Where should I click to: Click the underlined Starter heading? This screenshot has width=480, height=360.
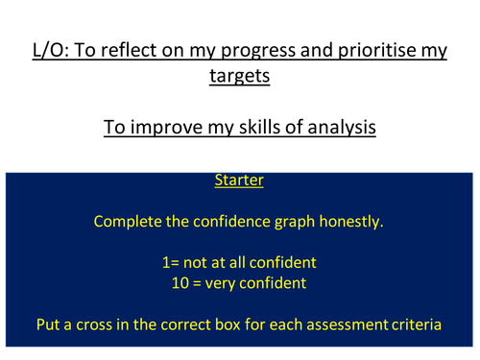239,180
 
